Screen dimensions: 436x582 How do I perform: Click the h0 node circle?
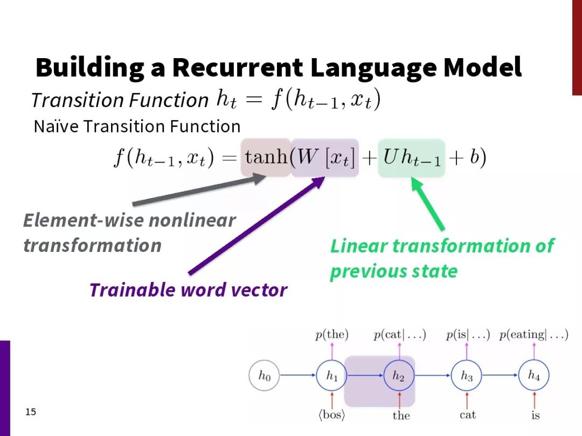click(x=264, y=375)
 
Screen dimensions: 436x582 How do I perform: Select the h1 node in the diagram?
click(x=332, y=375)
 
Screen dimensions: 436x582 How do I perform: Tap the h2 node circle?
click(x=399, y=375)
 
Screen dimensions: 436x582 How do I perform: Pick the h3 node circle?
click(x=467, y=375)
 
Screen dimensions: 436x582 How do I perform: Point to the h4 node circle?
click(x=533, y=375)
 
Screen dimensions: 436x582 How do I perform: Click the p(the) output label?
click(x=332, y=335)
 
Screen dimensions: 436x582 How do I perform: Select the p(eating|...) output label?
click(x=533, y=335)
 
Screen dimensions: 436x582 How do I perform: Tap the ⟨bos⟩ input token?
click(x=332, y=415)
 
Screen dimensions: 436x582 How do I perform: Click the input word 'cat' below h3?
click(x=467, y=415)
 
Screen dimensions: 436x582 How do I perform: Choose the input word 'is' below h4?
click(x=535, y=415)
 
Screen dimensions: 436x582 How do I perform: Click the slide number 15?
click(x=31, y=412)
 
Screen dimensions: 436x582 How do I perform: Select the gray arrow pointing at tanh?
click(x=199, y=191)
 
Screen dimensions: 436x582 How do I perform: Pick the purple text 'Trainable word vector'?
click(x=189, y=290)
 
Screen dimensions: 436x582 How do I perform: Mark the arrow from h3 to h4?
click(x=500, y=375)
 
